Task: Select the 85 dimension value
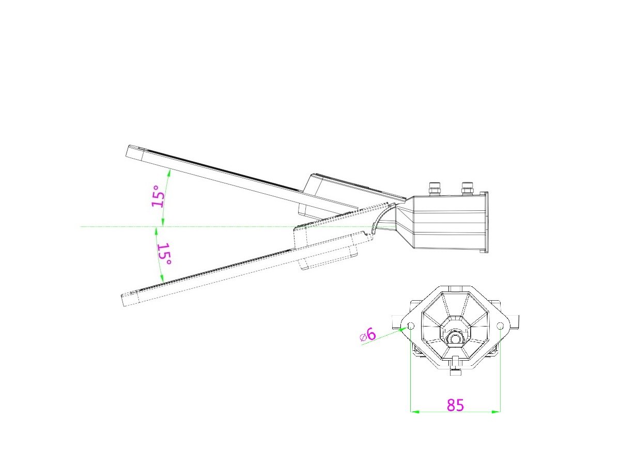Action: point(455,405)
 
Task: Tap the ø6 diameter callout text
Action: point(368,335)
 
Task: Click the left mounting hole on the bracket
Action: point(411,327)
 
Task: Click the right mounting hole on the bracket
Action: point(500,327)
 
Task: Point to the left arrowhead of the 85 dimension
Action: point(414,412)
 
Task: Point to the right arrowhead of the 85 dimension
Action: point(496,412)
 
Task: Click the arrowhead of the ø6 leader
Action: point(404,329)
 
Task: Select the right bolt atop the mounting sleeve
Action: point(467,189)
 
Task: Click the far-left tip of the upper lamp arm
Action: point(127,151)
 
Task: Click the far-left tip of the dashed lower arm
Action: point(122,300)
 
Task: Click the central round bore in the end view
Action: point(455,338)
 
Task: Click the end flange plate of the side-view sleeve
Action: point(485,222)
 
